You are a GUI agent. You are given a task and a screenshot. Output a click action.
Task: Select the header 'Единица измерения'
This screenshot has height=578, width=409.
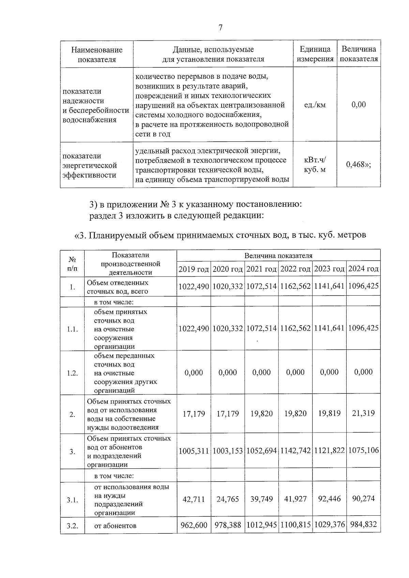315,54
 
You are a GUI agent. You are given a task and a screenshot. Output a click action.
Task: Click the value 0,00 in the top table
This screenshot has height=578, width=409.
359,105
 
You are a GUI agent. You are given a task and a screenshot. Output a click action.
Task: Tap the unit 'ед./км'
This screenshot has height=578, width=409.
315,105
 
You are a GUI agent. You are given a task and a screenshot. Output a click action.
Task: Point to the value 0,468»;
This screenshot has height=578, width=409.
359,165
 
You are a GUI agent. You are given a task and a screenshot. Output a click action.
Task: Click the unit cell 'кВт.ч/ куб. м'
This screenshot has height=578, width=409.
315,165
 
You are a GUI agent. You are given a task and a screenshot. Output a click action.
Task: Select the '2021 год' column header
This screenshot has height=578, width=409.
261,269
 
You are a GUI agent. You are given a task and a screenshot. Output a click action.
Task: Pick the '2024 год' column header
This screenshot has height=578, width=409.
363,269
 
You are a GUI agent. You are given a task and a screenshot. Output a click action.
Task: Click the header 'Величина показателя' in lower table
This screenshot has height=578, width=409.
278,255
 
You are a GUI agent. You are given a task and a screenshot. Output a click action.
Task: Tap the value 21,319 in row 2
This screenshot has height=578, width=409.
363,413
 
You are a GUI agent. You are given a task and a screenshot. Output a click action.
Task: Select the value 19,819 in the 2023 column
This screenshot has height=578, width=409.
329,413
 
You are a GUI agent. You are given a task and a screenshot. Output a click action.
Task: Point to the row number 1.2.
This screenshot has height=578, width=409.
72,373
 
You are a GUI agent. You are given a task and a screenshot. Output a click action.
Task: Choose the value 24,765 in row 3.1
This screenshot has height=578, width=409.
228,499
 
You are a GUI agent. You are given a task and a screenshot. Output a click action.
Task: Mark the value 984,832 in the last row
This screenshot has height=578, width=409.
363,525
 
